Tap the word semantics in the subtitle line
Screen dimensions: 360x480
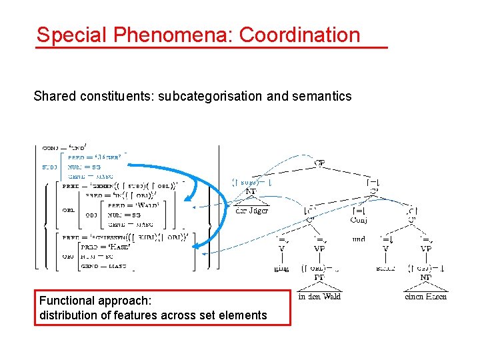318,96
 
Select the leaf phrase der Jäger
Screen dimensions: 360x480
252,210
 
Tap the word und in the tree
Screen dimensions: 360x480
359,238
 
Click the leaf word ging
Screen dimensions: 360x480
282,269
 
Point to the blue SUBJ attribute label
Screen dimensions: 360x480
49,167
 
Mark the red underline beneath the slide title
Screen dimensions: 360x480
211,48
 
